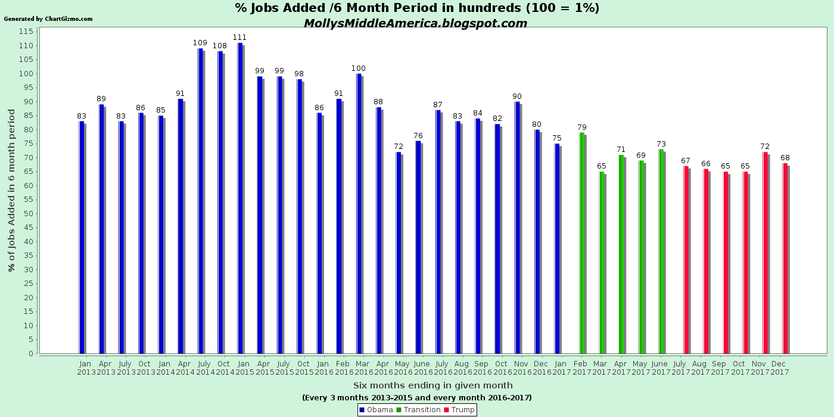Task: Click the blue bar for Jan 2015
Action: coord(240,198)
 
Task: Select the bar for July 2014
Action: coord(201,201)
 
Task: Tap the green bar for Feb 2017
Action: coord(582,243)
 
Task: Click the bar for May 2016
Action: coord(399,253)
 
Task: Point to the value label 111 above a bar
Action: coord(239,38)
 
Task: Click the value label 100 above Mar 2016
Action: coord(359,69)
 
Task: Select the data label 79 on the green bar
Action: coord(582,127)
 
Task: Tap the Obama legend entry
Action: coord(376,410)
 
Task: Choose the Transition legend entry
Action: coord(418,410)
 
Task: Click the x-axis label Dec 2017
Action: coord(780,368)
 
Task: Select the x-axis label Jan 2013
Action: coord(85,368)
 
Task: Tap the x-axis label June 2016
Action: coord(422,368)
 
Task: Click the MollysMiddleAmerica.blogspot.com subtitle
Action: coord(415,23)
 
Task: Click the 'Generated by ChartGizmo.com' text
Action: coord(48,19)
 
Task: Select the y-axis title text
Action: coord(12,191)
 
